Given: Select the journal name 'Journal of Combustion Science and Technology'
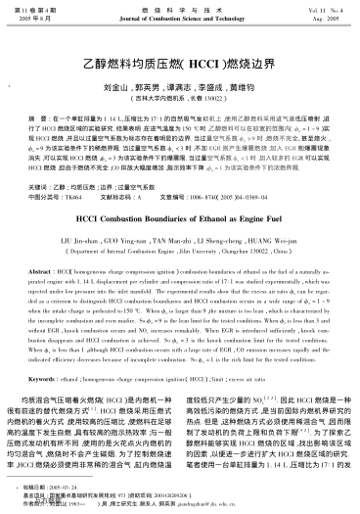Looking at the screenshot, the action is [180, 19].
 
